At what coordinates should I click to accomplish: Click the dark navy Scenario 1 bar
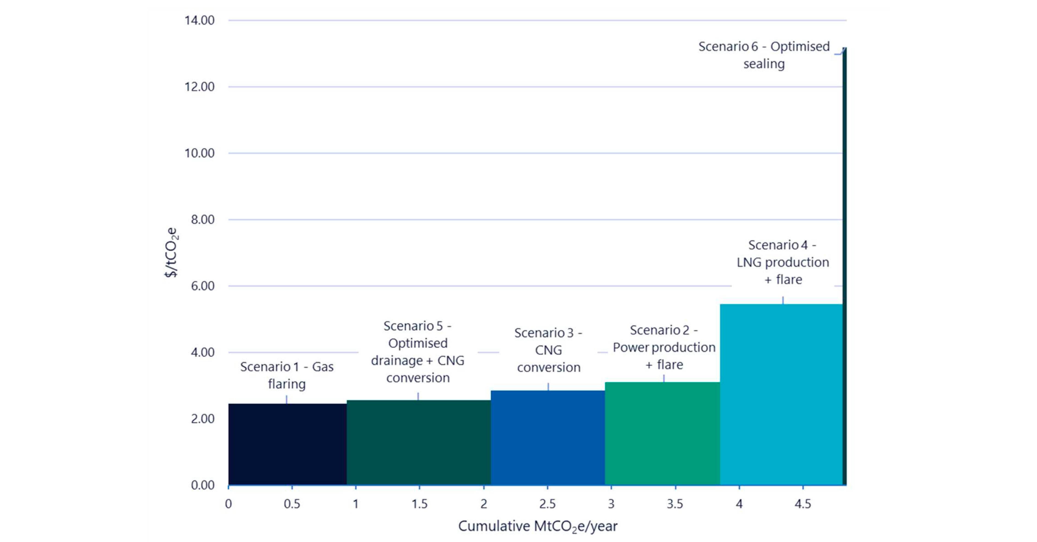pyautogui.click(x=287, y=444)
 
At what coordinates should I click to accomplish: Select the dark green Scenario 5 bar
pyautogui.click(x=419, y=442)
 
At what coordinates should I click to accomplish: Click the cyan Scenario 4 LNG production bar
pyautogui.click(x=781, y=394)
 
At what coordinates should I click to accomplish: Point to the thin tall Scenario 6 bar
pyautogui.click(x=844, y=265)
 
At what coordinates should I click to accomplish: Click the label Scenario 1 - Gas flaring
pyautogui.click(x=287, y=375)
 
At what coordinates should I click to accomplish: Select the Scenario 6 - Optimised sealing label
pyautogui.click(x=764, y=55)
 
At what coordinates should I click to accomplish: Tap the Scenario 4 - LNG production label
pyautogui.click(x=783, y=262)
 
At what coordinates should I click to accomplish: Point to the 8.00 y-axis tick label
pyautogui.click(x=203, y=219)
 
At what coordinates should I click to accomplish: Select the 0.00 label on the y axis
pyautogui.click(x=203, y=485)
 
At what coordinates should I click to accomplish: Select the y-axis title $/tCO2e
pyautogui.click(x=171, y=253)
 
